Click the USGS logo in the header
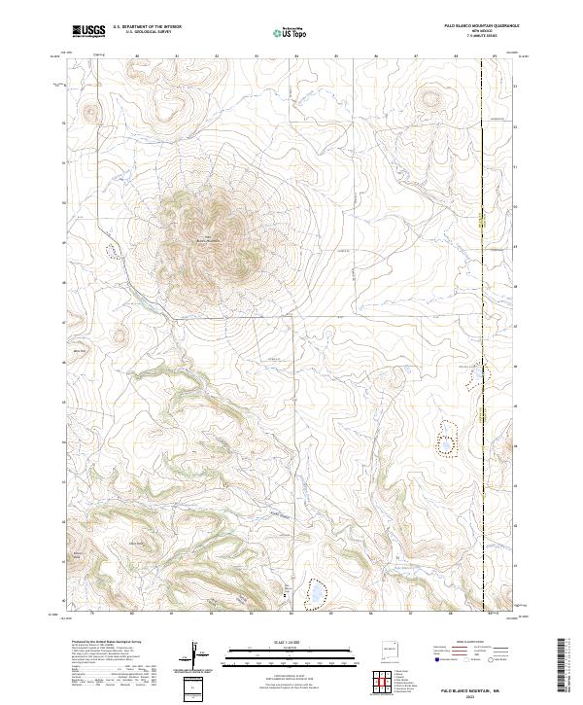[88, 31]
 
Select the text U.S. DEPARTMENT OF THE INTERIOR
[147, 27]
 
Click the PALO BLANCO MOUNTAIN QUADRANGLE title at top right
[481, 26]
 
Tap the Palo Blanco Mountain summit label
[209, 240]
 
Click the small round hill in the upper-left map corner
[90, 112]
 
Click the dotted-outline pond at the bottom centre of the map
[314, 592]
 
